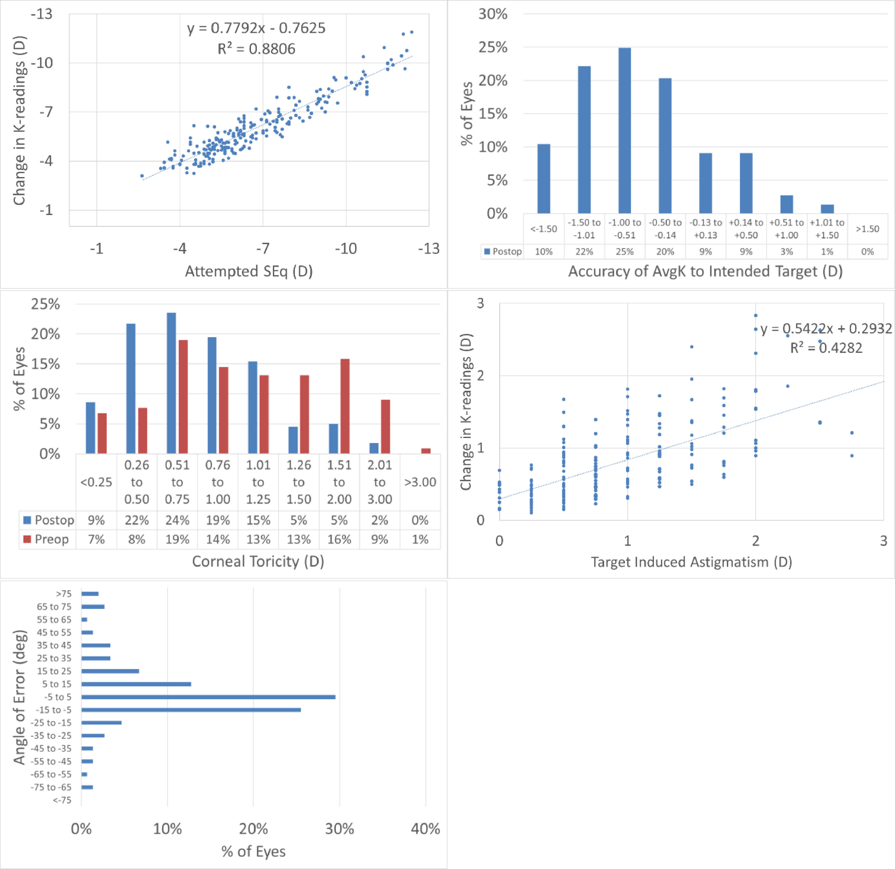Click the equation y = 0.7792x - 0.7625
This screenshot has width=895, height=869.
pyautogui.click(x=256, y=28)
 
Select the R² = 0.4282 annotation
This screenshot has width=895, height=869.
pyautogui.click(x=826, y=348)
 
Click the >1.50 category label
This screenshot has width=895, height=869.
pyautogui.click(x=867, y=229)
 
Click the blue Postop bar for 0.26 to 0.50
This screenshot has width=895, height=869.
pyautogui.click(x=131, y=388)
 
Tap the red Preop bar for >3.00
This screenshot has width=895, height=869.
pyautogui.click(x=425, y=451)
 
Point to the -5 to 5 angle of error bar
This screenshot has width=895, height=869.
pyautogui.click(x=208, y=697)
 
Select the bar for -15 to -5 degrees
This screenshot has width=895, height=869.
pyautogui.click(x=191, y=710)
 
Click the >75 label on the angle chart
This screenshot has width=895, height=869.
pyautogui.click(x=64, y=594)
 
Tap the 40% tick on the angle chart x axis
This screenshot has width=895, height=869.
pyautogui.click(x=425, y=829)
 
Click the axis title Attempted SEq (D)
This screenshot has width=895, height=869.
pyautogui.click(x=249, y=271)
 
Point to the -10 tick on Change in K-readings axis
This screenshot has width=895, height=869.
pyautogui.click(x=42, y=63)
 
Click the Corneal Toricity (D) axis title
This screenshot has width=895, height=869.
pyautogui.click(x=258, y=561)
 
